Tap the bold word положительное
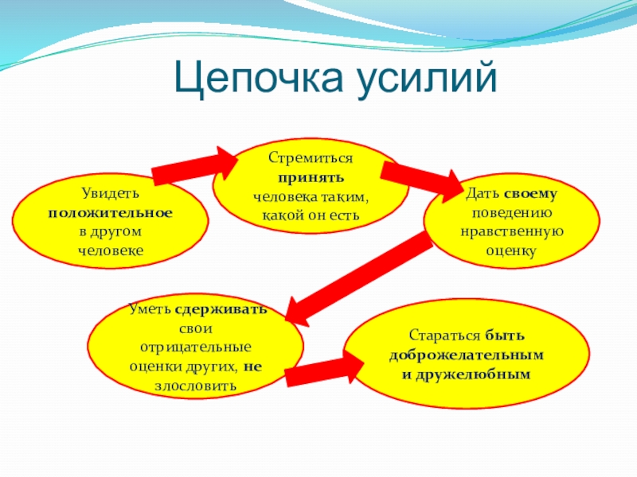110,213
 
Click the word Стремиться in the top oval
310,160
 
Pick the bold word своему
534,193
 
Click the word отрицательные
195,348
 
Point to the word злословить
195,386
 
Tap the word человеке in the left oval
110,250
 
